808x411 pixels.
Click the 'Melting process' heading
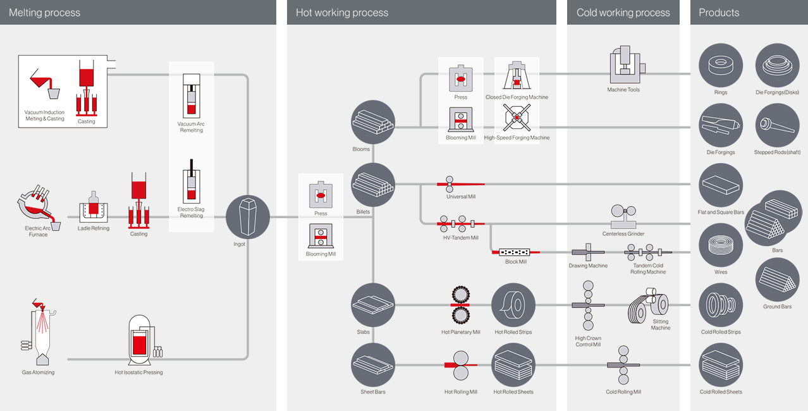(x=45, y=13)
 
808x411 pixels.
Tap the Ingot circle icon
(x=247, y=217)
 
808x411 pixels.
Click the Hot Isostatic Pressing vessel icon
(x=139, y=341)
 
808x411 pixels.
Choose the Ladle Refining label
(x=94, y=228)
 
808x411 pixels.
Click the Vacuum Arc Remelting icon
(x=191, y=95)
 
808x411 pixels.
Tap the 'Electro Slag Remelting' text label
(x=191, y=212)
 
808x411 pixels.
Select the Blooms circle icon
(x=373, y=122)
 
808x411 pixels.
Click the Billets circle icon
(x=373, y=185)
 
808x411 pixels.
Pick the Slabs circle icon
(x=373, y=305)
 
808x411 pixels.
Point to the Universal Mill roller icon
(x=450, y=184)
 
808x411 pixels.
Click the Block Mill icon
(x=516, y=252)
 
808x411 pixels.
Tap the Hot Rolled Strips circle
(x=513, y=305)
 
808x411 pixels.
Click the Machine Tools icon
(x=623, y=65)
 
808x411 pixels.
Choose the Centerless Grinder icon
(x=623, y=217)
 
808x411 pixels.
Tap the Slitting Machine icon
(x=649, y=305)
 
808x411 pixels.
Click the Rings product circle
(x=721, y=65)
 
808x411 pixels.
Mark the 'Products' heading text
(x=719, y=13)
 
